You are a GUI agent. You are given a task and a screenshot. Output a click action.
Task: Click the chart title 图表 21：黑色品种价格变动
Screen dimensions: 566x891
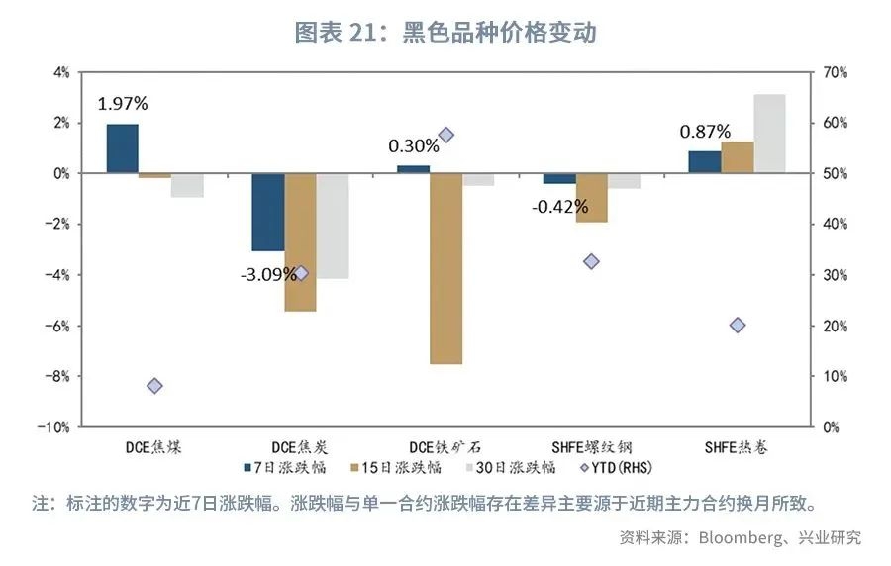click(445, 32)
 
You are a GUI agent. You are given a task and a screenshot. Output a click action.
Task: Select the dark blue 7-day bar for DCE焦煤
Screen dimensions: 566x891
click(122, 148)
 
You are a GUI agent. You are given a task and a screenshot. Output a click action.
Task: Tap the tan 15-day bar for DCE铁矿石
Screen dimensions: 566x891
click(445, 268)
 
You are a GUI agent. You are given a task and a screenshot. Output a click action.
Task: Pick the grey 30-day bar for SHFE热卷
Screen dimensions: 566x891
click(769, 134)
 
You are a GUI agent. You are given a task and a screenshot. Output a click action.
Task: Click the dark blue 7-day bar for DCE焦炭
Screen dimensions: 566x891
click(267, 212)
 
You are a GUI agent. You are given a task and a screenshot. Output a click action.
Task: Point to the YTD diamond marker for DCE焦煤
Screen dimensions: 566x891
click(154, 386)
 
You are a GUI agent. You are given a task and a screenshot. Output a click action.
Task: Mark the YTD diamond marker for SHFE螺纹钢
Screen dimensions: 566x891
click(591, 261)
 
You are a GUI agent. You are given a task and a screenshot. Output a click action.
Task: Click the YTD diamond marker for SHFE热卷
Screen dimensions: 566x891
click(737, 326)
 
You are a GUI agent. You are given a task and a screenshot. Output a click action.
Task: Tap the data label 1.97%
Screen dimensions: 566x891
click(122, 103)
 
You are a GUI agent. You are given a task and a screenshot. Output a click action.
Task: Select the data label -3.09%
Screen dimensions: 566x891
click(266, 273)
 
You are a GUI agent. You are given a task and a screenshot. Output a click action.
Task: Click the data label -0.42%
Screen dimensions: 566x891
click(559, 207)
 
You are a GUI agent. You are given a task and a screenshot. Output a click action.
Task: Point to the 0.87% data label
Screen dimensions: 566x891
click(705, 131)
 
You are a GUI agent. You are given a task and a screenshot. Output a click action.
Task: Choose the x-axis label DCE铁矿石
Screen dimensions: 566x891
click(445, 446)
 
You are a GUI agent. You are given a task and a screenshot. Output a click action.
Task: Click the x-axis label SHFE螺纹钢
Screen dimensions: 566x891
click(591, 446)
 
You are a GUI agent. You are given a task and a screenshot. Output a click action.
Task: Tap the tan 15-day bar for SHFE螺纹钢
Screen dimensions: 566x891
click(591, 197)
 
